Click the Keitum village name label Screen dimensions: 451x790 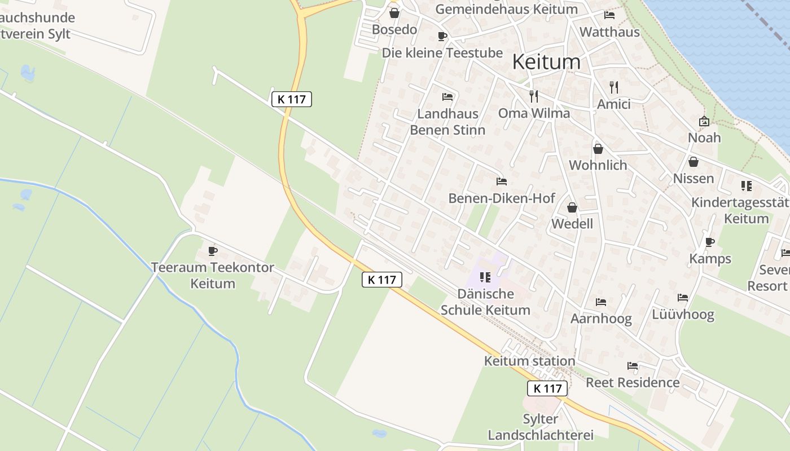click(546, 62)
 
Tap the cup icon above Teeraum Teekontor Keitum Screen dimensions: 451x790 click(213, 251)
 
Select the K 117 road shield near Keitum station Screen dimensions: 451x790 click(547, 388)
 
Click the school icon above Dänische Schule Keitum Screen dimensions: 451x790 click(485, 277)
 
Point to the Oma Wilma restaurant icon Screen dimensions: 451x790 click(534, 96)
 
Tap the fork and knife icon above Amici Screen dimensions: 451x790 click(614, 87)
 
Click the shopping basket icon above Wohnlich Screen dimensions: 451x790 click(598, 149)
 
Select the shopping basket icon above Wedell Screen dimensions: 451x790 click(572, 207)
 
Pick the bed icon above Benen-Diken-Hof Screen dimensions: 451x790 click(501, 182)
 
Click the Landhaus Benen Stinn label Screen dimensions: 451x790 click(447, 122)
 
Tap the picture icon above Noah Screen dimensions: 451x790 click(704, 121)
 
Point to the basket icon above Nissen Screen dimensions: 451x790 click(694, 162)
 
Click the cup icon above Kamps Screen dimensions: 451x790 click(710, 242)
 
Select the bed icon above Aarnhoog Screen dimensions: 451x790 click(601, 302)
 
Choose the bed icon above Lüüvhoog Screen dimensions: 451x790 click(683, 298)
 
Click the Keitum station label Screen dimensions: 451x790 click(529, 361)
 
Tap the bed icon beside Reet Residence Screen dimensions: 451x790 click(633, 366)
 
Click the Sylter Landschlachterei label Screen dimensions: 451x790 click(541, 427)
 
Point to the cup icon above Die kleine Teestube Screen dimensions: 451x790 click(442, 37)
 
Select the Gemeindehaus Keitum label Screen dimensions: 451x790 click(506, 9)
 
